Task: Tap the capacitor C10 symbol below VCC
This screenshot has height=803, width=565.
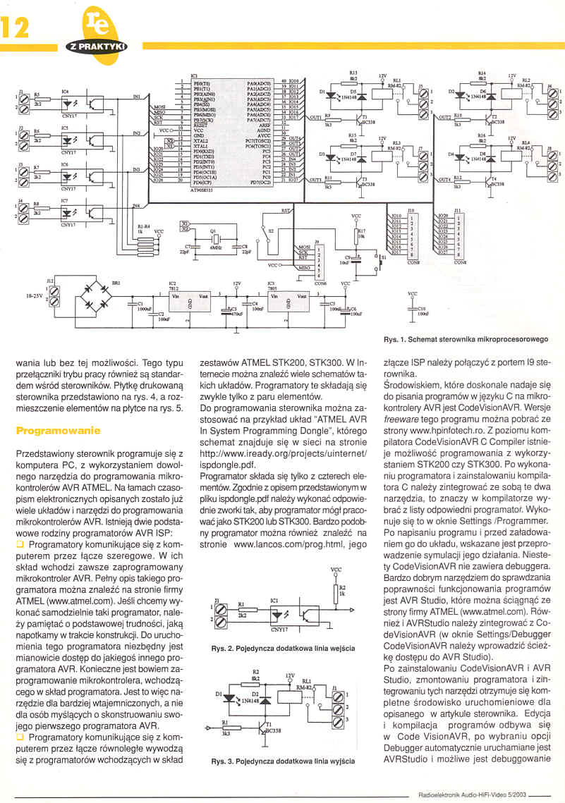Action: pos(412,308)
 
